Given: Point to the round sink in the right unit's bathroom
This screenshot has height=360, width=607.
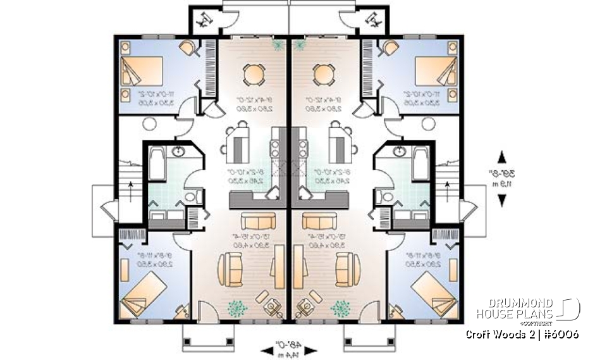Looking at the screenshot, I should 400,151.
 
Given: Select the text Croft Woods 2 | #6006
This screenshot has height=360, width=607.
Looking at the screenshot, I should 522,334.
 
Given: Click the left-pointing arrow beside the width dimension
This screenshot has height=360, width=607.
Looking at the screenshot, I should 266,349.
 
